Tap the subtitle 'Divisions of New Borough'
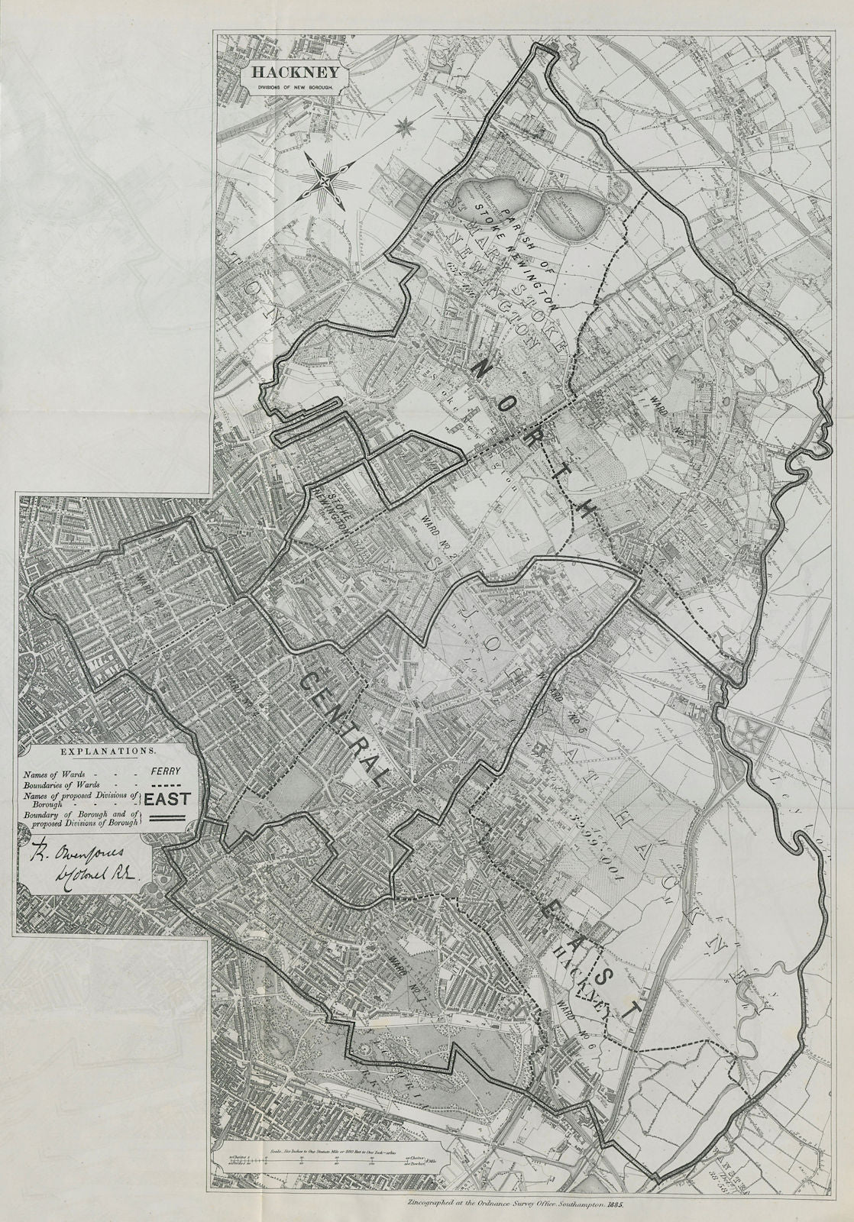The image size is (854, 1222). point(289,89)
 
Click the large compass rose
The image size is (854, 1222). point(326,181)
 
